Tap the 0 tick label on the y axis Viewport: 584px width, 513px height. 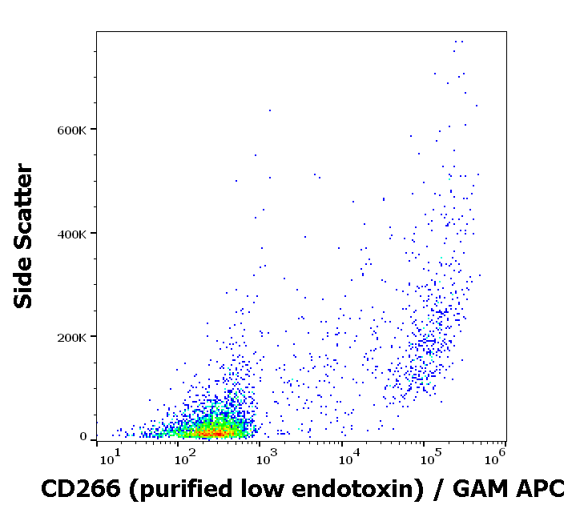tap(83, 437)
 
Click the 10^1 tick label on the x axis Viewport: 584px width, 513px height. tap(110, 459)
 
